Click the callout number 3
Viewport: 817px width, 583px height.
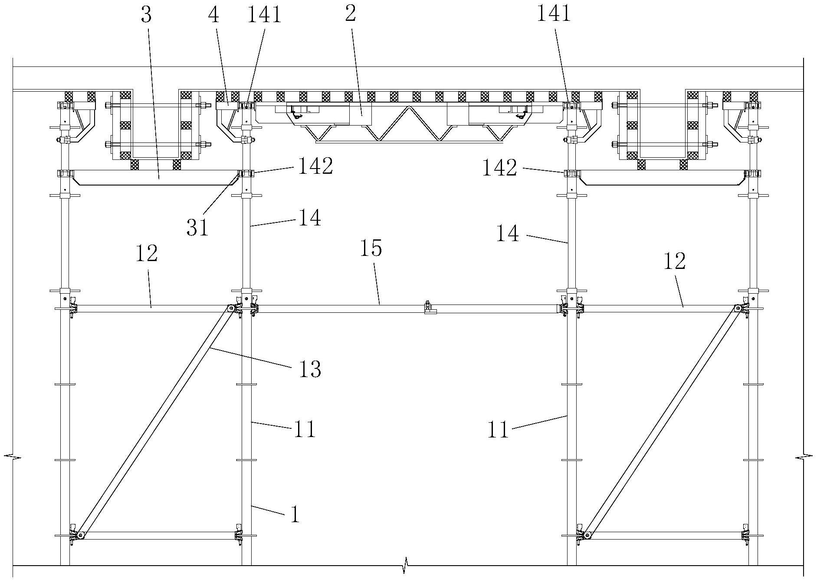click(x=146, y=16)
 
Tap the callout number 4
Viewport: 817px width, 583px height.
click(x=213, y=16)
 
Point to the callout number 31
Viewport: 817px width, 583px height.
click(x=197, y=227)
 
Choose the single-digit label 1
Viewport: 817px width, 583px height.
click(x=295, y=515)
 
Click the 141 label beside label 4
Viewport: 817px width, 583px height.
click(x=264, y=14)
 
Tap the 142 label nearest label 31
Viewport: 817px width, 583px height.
click(x=315, y=166)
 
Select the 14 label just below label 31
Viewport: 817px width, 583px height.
click(x=309, y=218)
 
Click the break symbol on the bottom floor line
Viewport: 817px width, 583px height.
click(x=405, y=565)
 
